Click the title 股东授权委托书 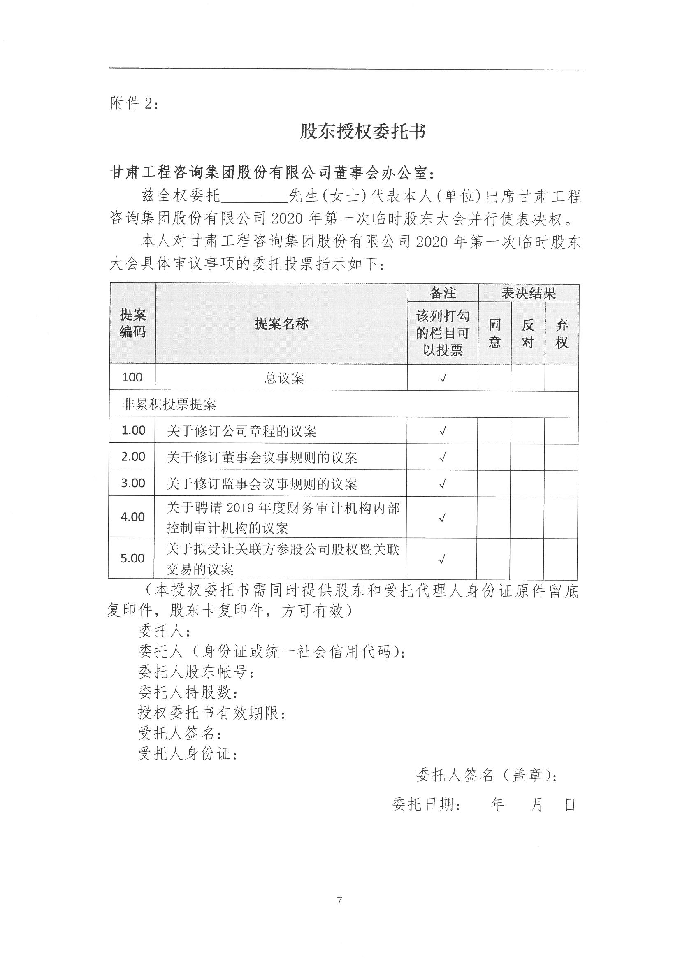click(x=362, y=132)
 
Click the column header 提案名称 click(x=281, y=323)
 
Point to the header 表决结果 click(x=528, y=293)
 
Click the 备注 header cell click(x=443, y=293)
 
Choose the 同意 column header click(x=495, y=334)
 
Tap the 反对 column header click(x=528, y=334)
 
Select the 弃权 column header click(x=562, y=334)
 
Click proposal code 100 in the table click(x=132, y=377)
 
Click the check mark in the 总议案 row click(x=443, y=378)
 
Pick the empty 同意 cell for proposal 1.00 click(x=494, y=430)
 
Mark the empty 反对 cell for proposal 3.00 click(x=527, y=483)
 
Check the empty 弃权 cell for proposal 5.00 click(x=561, y=558)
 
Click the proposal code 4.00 click(x=132, y=517)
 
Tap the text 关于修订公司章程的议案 click(x=241, y=431)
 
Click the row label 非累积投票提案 click(x=168, y=404)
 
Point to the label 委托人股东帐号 click(x=196, y=672)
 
